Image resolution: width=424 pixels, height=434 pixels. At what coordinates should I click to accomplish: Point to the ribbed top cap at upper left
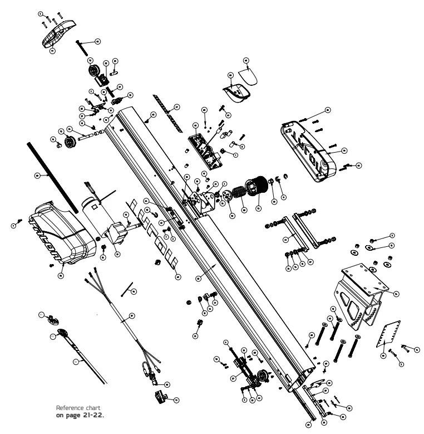point(58,32)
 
